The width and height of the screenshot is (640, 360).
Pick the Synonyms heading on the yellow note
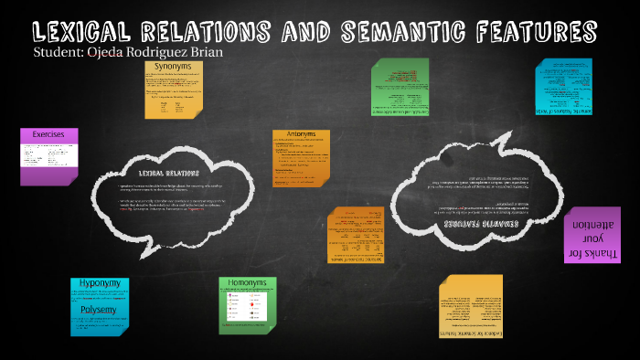click(x=174, y=68)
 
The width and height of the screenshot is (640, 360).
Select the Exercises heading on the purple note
click(x=48, y=134)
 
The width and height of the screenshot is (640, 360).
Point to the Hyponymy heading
click(x=100, y=284)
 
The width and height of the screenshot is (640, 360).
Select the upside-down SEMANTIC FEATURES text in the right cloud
click(x=481, y=222)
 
